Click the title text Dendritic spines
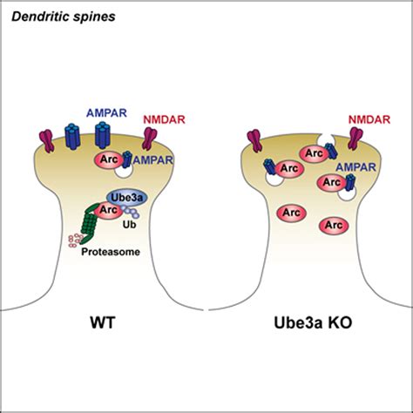coord(64,17)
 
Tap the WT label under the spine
coord(103,322)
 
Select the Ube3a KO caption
coord(313,322)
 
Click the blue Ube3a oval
coord(127,198)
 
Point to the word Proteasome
coord(111,252)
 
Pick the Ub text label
coord(129,225)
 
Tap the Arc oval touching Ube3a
coord(108,210)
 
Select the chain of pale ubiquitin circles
coord(131,212)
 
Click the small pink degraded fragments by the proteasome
coord(74,240)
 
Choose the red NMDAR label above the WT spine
coord(165,119)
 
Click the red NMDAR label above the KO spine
coord(369,119)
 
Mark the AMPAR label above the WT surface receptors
coord(106,112)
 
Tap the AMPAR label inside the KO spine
coord(355,167)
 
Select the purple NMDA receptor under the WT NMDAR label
coord(150,139)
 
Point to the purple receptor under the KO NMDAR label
coord(355,139)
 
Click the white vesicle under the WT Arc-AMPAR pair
coord(124,170)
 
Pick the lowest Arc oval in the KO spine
coord(334,225)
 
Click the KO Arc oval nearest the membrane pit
coord(315,153)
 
